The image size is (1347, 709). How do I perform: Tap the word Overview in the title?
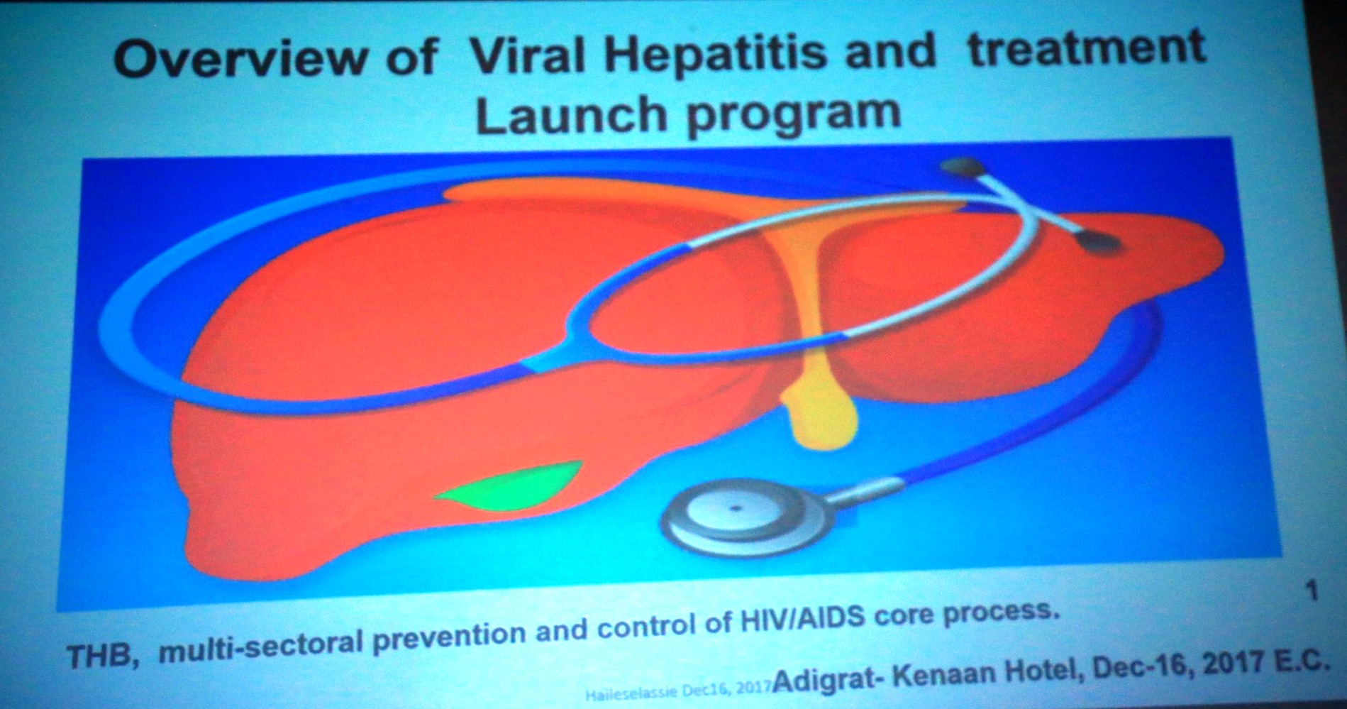pyautogui.click(x=239, y=58)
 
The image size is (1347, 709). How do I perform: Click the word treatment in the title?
pyautogui.click(x=1086, y=48)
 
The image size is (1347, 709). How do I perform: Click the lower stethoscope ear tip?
pyautogui.click(x=1099, y=245)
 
